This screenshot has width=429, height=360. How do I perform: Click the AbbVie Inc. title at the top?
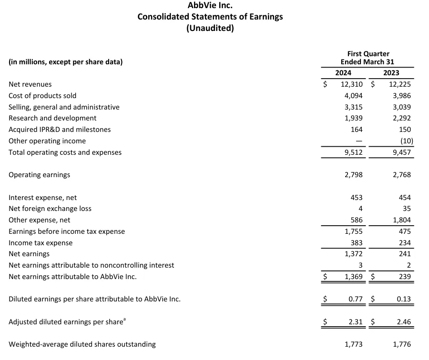pos(210,6)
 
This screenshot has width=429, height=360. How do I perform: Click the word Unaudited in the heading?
pos(210,28)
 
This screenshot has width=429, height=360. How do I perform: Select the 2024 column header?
pos(343,73)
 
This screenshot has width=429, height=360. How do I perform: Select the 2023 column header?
pos(391,73)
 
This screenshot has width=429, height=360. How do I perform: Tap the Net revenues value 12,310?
pos(352,84)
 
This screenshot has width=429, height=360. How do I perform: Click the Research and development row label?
pos(52,118)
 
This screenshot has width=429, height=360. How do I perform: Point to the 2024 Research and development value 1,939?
pos(354,118)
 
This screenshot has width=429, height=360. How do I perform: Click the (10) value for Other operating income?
pos(407,141)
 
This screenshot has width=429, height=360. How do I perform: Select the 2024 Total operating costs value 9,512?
pos(354,152)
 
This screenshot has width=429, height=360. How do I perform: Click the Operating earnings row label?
pos(39,175)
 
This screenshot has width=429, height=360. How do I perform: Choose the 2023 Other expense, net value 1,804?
pos(402,220)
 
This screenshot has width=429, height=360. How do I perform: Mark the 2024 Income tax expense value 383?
pos(357,243)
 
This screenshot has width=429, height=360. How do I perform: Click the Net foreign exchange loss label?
pos(50,209)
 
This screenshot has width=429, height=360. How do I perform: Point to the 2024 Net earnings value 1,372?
pos(354,254)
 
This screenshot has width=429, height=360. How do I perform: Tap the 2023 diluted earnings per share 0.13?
pos(404,299)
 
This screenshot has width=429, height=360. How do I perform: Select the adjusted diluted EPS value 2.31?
pos(356,322)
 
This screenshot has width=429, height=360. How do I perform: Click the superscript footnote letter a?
pos(124,320)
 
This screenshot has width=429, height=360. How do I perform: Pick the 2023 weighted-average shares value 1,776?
pos(402,344)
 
